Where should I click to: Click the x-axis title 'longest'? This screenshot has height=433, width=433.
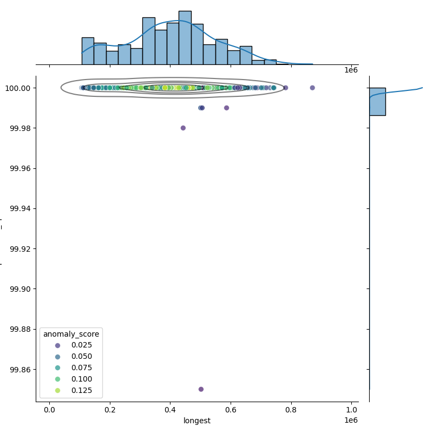pos(197,421)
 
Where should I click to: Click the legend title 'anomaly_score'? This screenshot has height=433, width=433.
pos(71,334)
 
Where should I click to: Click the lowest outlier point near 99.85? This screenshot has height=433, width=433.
pos(201,389)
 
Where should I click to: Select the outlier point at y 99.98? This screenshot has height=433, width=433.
pos(183,128)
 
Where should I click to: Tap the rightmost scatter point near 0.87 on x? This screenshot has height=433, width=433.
pos(312,88)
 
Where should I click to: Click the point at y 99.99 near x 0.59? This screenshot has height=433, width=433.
pos(226,108)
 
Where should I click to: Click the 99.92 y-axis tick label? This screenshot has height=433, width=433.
pos(21,249)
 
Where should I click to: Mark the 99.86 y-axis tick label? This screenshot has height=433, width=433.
pos(21,370)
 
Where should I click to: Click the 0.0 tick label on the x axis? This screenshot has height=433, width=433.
pos(49,409)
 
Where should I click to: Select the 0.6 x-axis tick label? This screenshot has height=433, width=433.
pos(231,409)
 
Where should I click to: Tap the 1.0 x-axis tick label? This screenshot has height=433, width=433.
pos(351,409)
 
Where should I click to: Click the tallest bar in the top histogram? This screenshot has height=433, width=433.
pos(185,38)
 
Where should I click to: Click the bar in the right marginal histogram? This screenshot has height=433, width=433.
pos(377,102)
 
